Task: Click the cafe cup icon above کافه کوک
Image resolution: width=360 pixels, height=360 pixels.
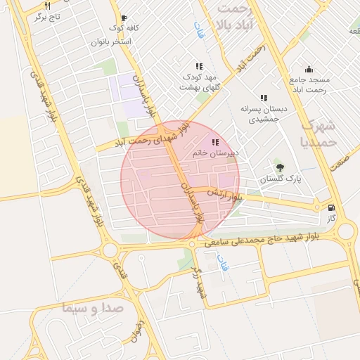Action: [124, 19]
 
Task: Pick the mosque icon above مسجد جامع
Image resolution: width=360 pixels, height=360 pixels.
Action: [309, 69]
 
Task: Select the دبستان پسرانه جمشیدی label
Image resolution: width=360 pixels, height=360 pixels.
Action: [261, 114]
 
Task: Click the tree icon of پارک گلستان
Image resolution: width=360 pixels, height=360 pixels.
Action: [281, 167]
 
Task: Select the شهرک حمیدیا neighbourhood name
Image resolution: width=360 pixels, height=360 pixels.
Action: [319, 134]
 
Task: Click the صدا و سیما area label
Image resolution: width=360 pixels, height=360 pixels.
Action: [92, 308]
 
